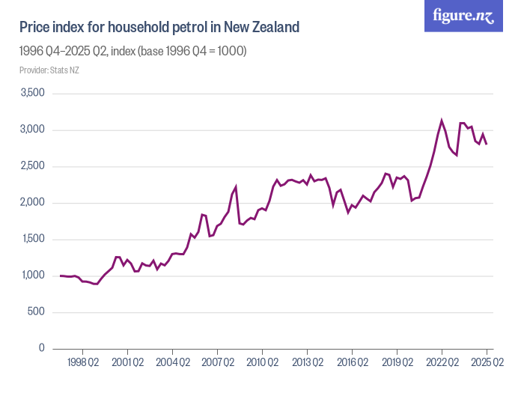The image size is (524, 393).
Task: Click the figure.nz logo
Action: click(x=464, y=16)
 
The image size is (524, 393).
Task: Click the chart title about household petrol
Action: click(x=159, y=28)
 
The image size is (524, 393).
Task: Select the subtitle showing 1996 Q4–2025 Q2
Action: click(x=132, y=52)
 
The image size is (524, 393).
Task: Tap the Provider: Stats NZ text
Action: click(x=49, y=70)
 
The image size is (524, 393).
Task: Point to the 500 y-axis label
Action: click(x=35, y=312)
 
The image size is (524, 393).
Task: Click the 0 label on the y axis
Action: click(x=42, y=349)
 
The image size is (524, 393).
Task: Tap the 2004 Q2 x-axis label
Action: click(x=172, y=363)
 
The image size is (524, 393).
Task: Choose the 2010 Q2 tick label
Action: click(x=262, y=363)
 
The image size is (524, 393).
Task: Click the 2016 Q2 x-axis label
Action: click(x=352, y=363)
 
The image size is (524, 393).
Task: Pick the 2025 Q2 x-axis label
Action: click(x=487, y=363)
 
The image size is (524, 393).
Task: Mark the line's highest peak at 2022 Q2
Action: click(x=442, y=121)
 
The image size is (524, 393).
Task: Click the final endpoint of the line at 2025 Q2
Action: click(x=487, y=144)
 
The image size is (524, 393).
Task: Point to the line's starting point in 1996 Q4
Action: click(x=61, y=275)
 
